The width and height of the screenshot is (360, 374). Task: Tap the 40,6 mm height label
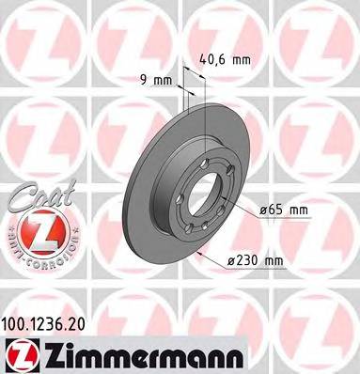coord(226,60)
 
